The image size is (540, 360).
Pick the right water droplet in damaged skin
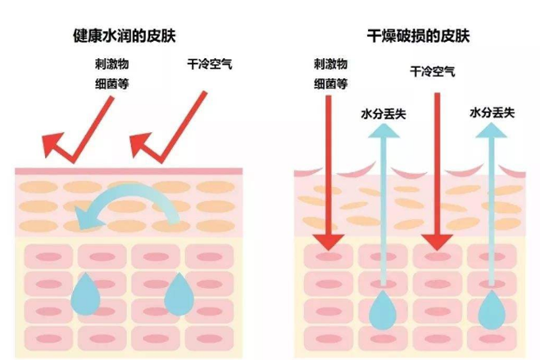click(493, 309)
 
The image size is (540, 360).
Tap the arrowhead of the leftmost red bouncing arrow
click(53, 145)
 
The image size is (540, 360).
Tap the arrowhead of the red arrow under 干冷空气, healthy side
click(145, 145)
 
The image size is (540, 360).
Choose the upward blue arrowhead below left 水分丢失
click(383, 135)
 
